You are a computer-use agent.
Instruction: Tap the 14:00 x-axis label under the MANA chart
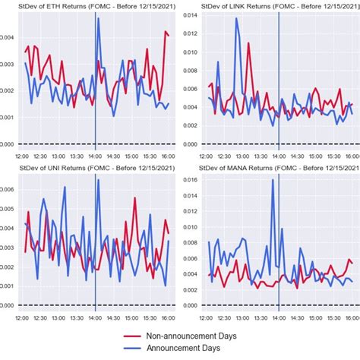[x=279, y=316]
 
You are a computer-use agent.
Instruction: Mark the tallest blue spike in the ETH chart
[x=98, y=18]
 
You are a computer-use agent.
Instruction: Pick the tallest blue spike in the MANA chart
[x=273, y=180]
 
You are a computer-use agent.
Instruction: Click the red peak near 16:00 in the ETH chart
[x=165, y=32]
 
